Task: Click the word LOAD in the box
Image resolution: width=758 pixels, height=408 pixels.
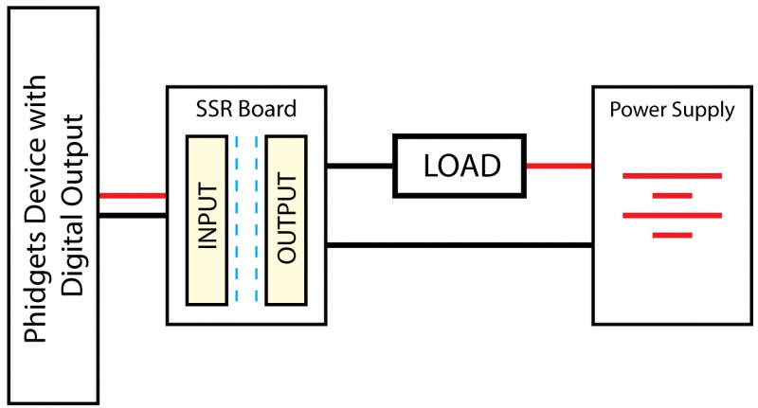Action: [461, 166]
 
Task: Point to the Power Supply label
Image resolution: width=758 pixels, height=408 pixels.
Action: [671, 110]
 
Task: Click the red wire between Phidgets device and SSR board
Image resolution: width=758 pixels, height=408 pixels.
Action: [133, 196]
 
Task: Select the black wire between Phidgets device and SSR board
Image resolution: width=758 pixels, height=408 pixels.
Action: [133, 215]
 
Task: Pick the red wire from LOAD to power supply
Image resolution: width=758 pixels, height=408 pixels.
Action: [559, 166]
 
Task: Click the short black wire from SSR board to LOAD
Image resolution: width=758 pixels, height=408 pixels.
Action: [360, 166]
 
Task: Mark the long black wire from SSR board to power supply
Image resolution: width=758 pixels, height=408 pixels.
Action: [460, 246]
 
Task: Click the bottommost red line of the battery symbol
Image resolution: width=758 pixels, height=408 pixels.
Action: [672, 235]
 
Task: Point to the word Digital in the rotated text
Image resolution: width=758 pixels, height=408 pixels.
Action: [76, 254]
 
